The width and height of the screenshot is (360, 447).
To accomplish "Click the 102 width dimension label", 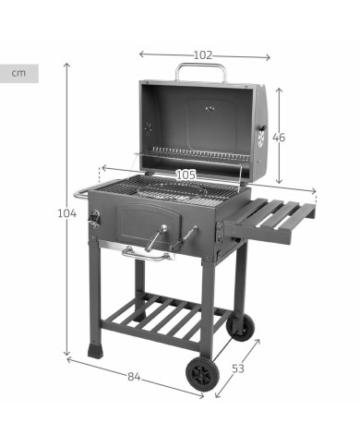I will [203, 54].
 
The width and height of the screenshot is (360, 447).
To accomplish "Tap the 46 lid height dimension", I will [278, 137].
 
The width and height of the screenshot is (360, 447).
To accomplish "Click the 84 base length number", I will [134, 377].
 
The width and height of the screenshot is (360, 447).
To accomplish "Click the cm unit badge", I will [18, 73].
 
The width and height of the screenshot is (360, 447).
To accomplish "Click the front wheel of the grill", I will [202, 373].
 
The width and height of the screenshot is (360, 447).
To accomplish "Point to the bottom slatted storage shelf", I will [164, 318].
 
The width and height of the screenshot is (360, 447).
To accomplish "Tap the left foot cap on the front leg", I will [95, 351].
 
